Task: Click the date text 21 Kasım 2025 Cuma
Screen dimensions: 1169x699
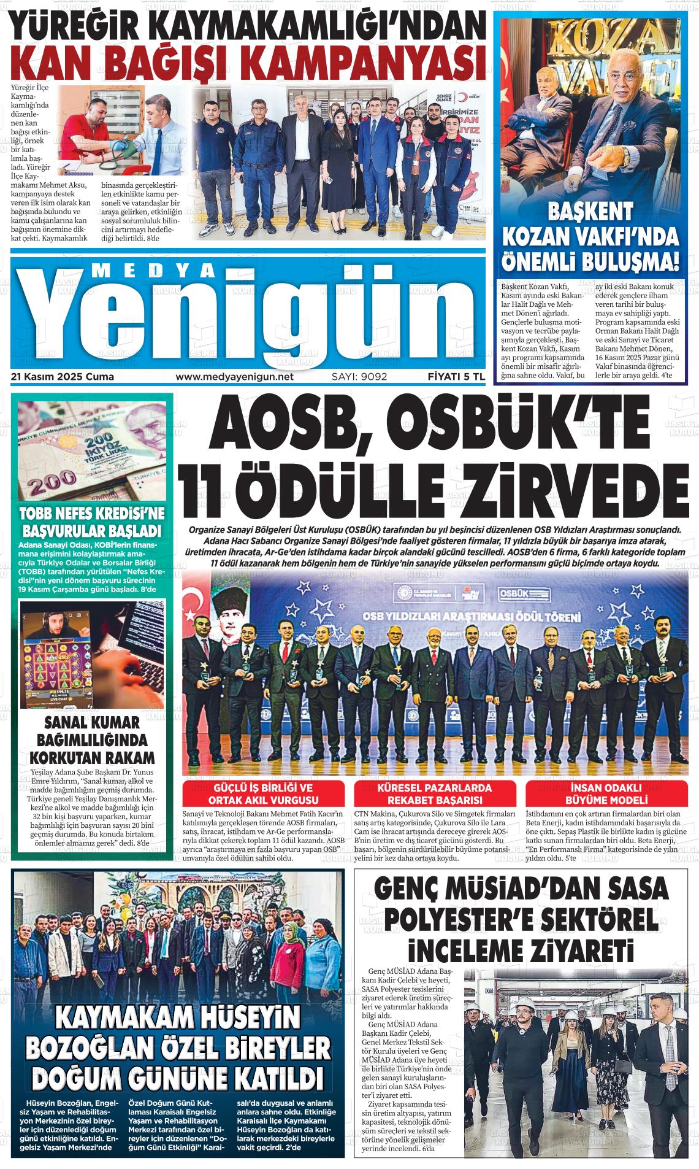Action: coord(63,377)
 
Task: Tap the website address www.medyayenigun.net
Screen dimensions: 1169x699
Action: coord(235,377)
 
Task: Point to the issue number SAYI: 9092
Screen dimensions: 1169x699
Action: coord(359,377)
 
